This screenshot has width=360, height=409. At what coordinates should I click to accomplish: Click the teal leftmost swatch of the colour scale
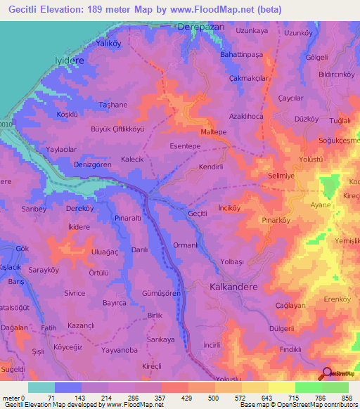click(41, 387)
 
